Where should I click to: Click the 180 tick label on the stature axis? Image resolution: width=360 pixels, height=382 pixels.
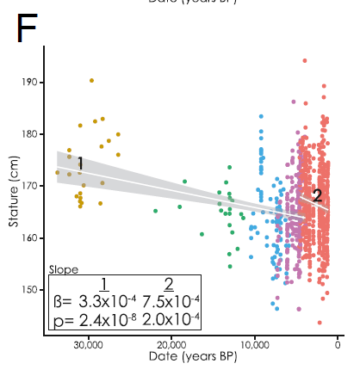30,134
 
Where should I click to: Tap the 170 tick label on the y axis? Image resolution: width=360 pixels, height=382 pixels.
30,186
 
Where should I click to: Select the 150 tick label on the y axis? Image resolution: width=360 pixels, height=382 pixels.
30,289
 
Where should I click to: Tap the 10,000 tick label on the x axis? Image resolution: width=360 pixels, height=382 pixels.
255,344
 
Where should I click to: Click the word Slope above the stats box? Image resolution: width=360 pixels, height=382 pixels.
63,269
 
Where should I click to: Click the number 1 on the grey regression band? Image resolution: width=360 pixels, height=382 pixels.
79,163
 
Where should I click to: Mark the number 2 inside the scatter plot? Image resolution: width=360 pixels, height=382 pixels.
317,196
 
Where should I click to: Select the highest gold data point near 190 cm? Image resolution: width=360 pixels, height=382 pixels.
91,81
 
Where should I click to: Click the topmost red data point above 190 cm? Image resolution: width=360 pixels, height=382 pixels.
305,61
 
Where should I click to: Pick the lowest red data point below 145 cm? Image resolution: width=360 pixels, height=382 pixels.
320,323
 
